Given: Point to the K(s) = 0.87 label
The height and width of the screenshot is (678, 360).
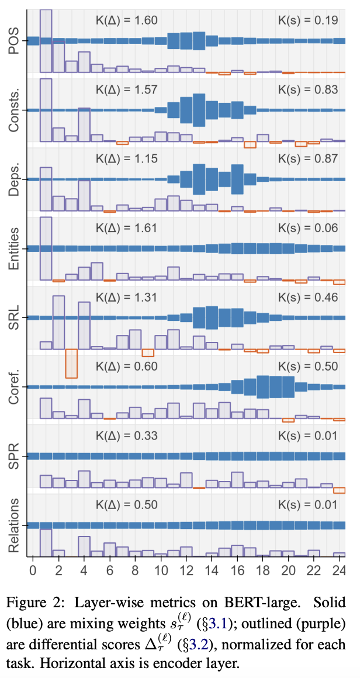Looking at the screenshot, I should click(x=308, y=158).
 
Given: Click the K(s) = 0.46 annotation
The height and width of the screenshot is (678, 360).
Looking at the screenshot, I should click(x=308, y=297).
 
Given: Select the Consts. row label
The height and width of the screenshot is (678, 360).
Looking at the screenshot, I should click(x=14, y=110).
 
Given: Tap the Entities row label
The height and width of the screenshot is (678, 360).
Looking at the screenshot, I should click(x=14, y=248).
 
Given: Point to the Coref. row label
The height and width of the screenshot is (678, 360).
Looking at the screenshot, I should click(x=14, y=386).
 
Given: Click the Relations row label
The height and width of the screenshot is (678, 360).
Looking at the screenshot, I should click(x=14, y=525).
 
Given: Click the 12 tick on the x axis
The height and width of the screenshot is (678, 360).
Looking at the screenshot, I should click(x=186, y=569).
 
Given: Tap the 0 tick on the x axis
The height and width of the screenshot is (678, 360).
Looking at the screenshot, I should click(x=33, y=569).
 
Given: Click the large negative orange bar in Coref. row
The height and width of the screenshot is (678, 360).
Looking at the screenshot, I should click(x=71, y=364).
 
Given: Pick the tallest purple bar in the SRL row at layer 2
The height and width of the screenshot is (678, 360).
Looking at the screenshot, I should click(x=58, y=322).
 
